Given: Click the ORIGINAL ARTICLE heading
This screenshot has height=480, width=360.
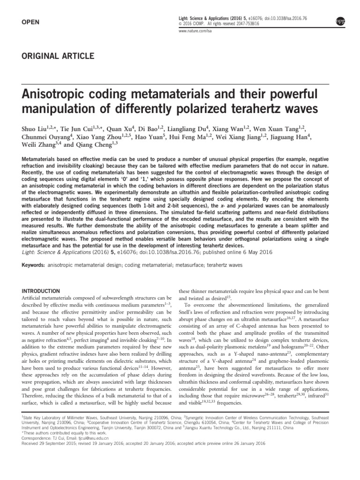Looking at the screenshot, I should tap(58, 56).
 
